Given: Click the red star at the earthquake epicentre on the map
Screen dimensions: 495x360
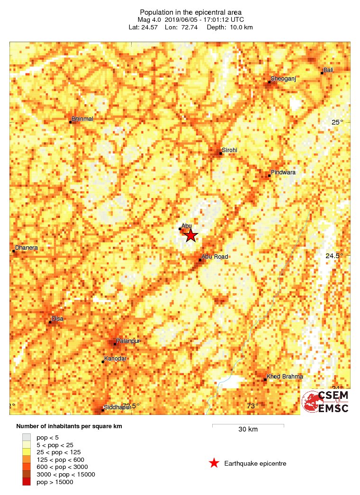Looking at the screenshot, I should point(190,235).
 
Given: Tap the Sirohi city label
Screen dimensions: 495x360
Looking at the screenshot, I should point(229,150).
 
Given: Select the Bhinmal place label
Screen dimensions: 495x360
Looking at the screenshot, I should point(82,118).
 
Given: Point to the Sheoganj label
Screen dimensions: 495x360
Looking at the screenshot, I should point(283,79).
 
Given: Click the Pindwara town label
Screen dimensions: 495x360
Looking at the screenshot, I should point(283,172).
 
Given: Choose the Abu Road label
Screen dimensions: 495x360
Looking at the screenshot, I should point(215,257).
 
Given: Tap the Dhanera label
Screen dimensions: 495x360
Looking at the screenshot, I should point(27,248).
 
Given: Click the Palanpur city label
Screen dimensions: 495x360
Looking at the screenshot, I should point(129,341).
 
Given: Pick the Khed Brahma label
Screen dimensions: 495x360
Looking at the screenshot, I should point(285,377).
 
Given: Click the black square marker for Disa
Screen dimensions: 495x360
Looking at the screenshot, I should point(50,323).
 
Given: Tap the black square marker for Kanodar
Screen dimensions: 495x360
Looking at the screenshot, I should point(103,362).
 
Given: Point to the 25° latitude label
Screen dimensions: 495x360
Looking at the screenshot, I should point(337,123).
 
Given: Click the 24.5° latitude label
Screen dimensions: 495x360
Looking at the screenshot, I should point(334,256).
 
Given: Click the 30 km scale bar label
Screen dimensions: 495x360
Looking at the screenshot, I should point(248,430).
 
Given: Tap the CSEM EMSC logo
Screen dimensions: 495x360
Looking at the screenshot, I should point(326,402).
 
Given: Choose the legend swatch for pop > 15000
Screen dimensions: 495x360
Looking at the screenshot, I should point(27,482).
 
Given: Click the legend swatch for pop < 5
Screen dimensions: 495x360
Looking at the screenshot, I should point(27,437).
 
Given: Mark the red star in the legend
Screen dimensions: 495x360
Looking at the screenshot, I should point(214,463).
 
